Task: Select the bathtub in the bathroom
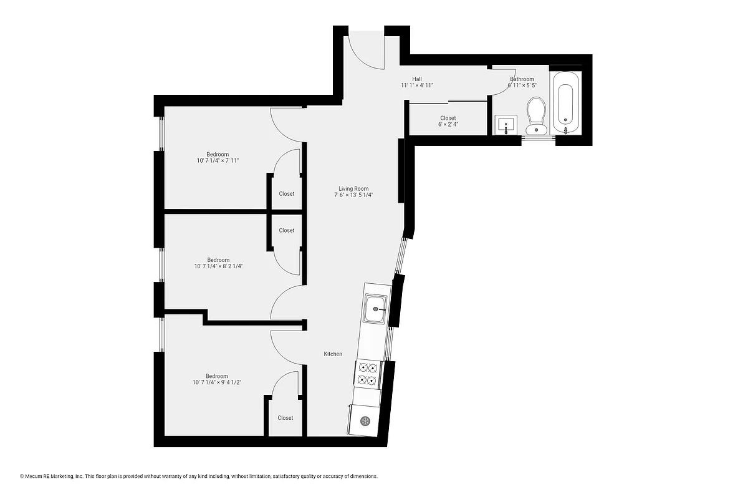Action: coord(566,102)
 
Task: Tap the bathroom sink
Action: coord(506,124)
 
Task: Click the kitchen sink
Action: coord(375,309)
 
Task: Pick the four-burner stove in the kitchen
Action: coord(368,374)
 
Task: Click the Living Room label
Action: coord(353,188)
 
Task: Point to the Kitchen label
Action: coord(333,354)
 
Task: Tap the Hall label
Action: coord(416,79)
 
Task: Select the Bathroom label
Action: coord(522,79)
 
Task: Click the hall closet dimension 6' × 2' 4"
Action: coord(448,125)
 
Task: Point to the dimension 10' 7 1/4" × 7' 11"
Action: coord(218,161)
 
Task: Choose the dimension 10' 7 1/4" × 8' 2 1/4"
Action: coord(218,266)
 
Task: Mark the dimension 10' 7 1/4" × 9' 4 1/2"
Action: coord(217,382)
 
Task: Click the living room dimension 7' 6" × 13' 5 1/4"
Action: coord(353,195)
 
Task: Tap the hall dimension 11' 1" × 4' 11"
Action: coord(416,85)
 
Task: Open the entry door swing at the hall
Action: coord(365,50)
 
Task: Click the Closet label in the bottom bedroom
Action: coord(285,418)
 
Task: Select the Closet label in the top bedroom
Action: coord(287,194)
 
